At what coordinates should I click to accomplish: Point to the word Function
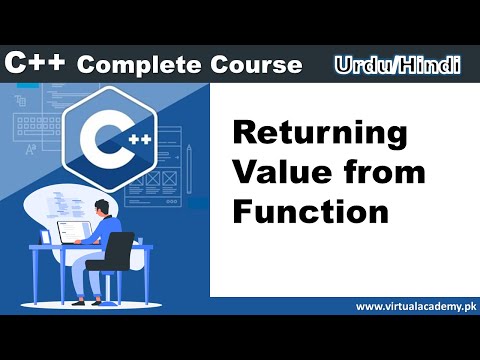(x=310, y=211)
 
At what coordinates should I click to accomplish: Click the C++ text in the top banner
(x=35, y=64)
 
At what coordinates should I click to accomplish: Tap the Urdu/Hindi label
(x=398, y=65)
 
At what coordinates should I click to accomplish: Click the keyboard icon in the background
(x=30, y=124)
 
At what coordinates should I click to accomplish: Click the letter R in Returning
(x=245, y=134)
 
